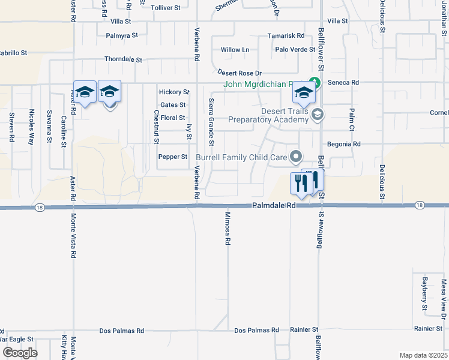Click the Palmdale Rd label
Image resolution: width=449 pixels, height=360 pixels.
point(274,205)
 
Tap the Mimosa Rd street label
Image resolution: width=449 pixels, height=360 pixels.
point(228,229)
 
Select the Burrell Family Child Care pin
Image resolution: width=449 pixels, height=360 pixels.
point(295,157)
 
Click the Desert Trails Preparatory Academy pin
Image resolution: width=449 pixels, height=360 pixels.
point(318,114)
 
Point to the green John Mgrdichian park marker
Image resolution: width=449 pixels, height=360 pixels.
point(312,83)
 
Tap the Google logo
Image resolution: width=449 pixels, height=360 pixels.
point(20,353)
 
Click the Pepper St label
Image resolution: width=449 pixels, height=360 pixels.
point(173,157)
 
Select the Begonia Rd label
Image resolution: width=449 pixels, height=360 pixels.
point(343,145)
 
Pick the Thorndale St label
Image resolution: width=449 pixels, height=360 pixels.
point(123,60)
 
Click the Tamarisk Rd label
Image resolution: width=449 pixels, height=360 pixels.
point(286,36)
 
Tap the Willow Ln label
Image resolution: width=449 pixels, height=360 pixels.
point(235,49)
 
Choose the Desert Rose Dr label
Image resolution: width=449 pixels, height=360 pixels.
point(240,73)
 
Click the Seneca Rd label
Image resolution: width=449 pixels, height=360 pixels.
point(346,83)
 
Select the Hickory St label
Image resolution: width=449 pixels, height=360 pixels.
point(174,92)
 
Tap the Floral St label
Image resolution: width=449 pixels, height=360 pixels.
point(173,118)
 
